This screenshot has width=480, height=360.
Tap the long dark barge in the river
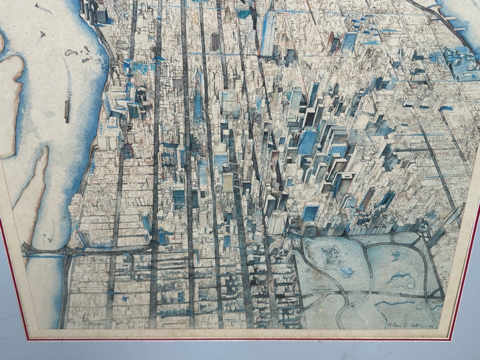point(67,111)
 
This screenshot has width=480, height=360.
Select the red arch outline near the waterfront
point(127,151)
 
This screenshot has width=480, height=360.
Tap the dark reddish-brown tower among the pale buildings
point(215,41)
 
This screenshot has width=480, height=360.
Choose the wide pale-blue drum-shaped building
point(230,101)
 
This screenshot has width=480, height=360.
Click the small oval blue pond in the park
point(397,278)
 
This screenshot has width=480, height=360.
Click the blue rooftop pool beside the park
point(309,214)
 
